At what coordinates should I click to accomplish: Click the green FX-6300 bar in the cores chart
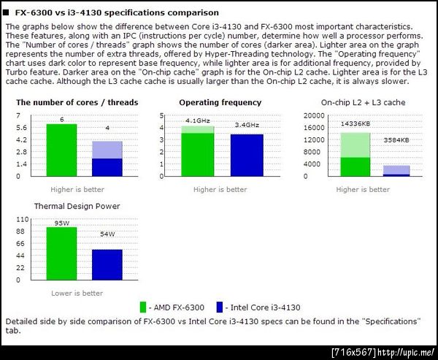[61, 150]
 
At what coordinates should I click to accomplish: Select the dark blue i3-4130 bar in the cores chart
[107, 167]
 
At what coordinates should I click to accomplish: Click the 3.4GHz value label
[247, 125]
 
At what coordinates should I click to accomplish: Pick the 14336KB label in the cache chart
[355, 124]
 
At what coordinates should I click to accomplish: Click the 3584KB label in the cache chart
[396, 139]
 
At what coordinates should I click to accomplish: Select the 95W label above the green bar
[61, 223]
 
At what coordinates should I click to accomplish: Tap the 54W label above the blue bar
[107, 234]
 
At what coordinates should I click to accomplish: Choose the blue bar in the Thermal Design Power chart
[107, 264]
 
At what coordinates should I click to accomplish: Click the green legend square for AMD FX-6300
[144, 307]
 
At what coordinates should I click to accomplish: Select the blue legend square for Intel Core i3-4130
[218, 307]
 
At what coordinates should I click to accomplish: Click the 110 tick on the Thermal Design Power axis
[21, 219]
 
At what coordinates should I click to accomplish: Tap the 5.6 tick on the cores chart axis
[21, 128]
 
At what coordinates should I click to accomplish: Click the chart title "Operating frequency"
[220, 103]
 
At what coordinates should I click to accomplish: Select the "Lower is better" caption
[77, 294]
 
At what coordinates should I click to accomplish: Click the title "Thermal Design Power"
[77, 206]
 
